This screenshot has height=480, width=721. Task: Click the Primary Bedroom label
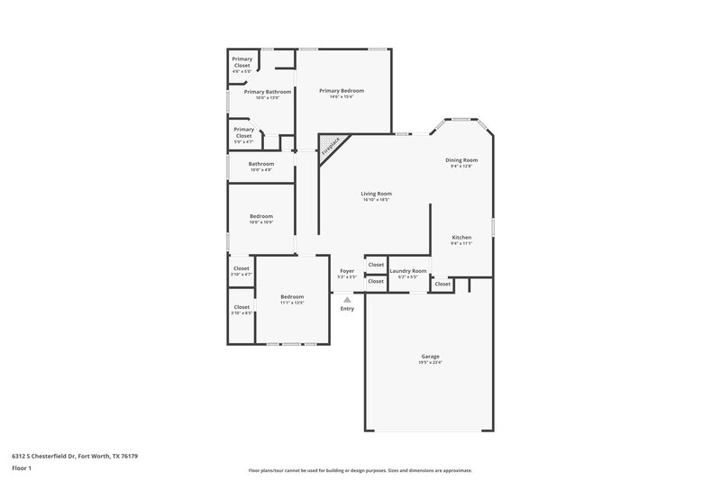click(342, 91)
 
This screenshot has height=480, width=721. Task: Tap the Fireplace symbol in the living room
click(331, 146)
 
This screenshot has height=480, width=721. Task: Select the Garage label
click(430, 356)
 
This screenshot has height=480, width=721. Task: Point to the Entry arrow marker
click(347, 300)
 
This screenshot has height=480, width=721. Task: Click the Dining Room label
click(461, 160)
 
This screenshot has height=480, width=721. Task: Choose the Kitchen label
click(461, 238)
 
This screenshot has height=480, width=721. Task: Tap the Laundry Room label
click(407, 270)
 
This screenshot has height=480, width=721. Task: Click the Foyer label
click(347, 270)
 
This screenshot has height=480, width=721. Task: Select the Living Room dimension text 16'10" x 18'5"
click(377, 199)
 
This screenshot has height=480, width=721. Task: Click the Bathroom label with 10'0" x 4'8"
click(261, 164)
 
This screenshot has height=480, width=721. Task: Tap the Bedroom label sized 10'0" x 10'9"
click(261, 216)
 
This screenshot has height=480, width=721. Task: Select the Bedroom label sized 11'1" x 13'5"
click(292, 296)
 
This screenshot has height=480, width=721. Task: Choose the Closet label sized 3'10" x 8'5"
click(242, 307)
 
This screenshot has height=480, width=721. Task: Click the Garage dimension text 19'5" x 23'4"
click(430, 362)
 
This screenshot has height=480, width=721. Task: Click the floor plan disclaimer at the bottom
click(360, 470)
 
